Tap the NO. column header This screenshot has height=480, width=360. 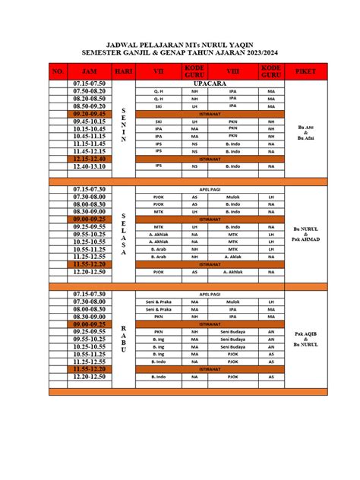coord(58,71)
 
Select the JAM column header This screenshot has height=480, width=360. coord(89,71)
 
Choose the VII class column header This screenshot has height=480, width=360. coord(159,71)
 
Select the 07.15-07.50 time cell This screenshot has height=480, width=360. coord(90,83)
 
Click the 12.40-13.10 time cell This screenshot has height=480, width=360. coord(90,166)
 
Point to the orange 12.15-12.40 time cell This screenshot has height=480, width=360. coord(90,158)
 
